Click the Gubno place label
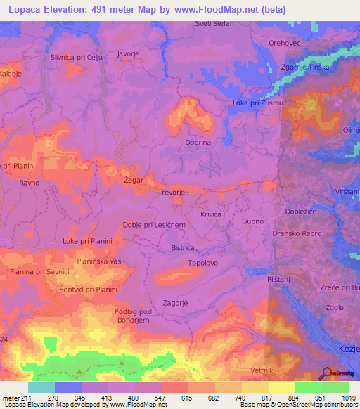coord(252,221)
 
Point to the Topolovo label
coord(202,263)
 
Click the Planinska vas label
coord(99,261)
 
